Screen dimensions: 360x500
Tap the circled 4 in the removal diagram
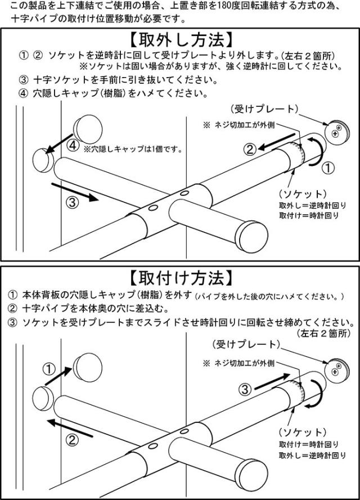point(73,146)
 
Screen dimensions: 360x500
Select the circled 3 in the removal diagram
point(73,202)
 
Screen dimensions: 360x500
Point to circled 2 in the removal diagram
point(250,149)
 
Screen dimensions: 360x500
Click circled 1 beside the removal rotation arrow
point(328,168)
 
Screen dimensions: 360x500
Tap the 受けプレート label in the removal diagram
point(264,109)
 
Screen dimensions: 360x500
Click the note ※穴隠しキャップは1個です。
point(133,149)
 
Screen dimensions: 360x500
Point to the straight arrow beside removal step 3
point(75,192)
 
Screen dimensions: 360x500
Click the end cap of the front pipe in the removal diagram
point(254,236)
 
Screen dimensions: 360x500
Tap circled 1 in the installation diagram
point(49,370)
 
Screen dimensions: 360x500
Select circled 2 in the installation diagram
point(72,440)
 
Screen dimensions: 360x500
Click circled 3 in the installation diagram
point(245,389)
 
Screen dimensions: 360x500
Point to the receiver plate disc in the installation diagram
point(337,369)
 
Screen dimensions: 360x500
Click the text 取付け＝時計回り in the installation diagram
point(309,444)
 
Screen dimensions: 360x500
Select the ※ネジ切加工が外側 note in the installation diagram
point(238,363)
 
